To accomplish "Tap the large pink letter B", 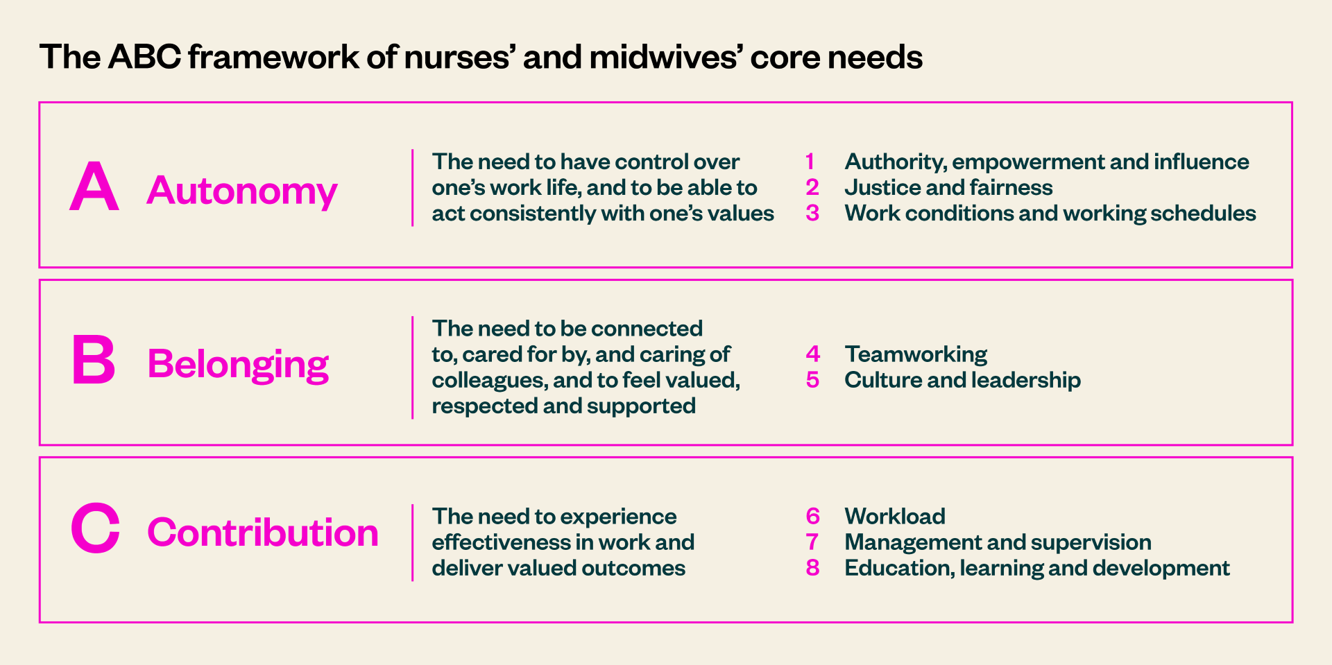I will (94, 360).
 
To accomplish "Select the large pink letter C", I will (95, 528).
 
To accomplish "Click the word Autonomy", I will (242, 191).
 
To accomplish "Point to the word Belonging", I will (238, 364).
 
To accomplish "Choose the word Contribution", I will (263, 533).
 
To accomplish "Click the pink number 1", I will (810, 162).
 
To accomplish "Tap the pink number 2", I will (812, 187).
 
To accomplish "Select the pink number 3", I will (812, 213).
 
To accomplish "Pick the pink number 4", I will (813, 354).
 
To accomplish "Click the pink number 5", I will (812, 380).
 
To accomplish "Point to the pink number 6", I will (813, 517).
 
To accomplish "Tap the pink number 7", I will (812, 542).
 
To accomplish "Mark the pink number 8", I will (812, 568).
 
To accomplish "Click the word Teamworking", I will (916, 354).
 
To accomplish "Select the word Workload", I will (895, 517).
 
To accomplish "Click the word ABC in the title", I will (144, 57).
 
